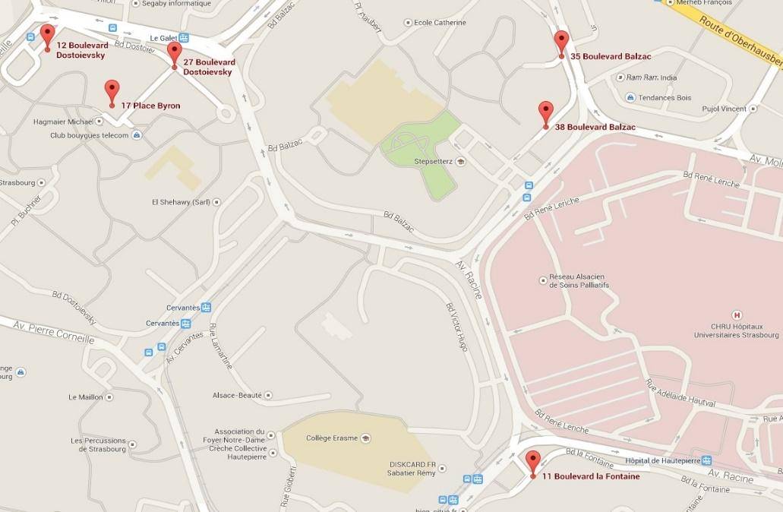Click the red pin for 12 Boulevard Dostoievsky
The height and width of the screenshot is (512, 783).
[x=47, y=35]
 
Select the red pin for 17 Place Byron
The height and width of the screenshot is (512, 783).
[x=112, y=91]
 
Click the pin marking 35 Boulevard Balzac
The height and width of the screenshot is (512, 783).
[x=561, y=42]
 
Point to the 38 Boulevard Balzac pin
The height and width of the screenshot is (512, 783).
[x=545, y=112]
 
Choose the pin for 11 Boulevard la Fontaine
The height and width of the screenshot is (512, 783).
[x=532, y=462]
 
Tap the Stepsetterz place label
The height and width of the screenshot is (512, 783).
[x=432, y=161]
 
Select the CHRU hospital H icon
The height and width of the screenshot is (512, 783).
[x=735, y=314]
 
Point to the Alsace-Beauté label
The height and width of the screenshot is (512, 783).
[x=238, y=395]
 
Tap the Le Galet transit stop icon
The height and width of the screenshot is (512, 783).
[x=184, y=38]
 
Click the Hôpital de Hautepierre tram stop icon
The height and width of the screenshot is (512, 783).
[x=706, y=460]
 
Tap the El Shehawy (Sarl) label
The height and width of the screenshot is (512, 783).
[x=181, y=202]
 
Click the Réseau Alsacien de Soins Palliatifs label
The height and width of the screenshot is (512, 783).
[x=579, y=281]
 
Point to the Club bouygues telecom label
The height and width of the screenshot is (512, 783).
[x=90, y=135]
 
